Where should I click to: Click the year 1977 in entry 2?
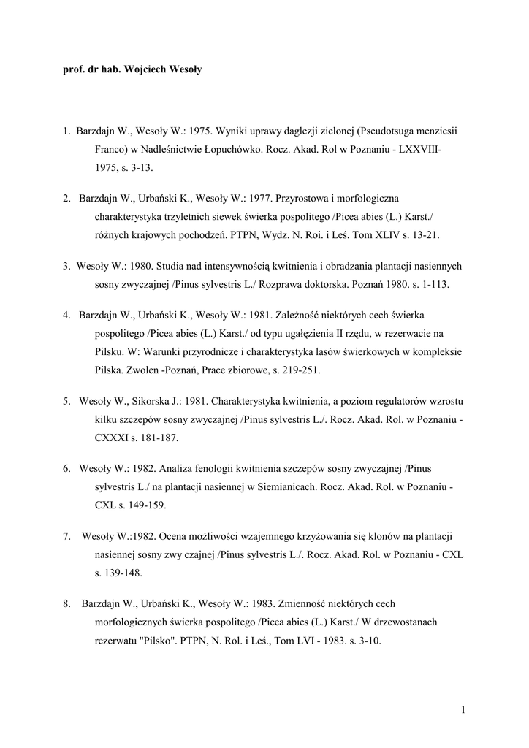pos(254,199)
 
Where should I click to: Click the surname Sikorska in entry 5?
pos(151,402)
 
